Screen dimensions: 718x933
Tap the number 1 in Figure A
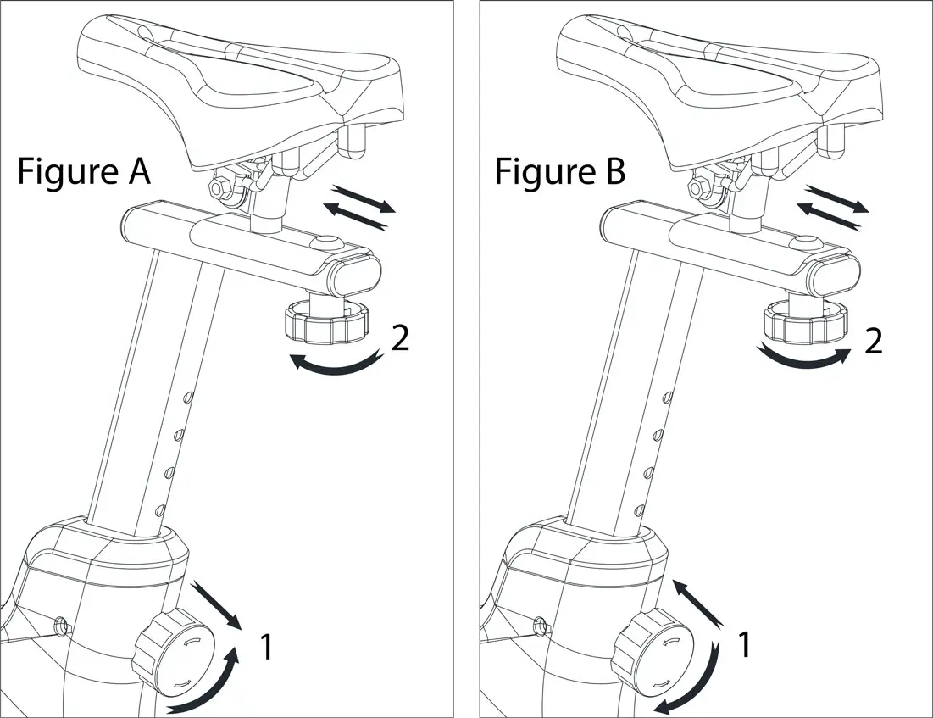tap(265, 648)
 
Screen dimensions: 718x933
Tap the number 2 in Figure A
tap(400, 339)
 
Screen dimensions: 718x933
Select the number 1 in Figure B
tap(744, 645)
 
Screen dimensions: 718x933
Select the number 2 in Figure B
tap(873, 341)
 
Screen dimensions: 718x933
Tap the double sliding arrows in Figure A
tap(358, 206)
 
